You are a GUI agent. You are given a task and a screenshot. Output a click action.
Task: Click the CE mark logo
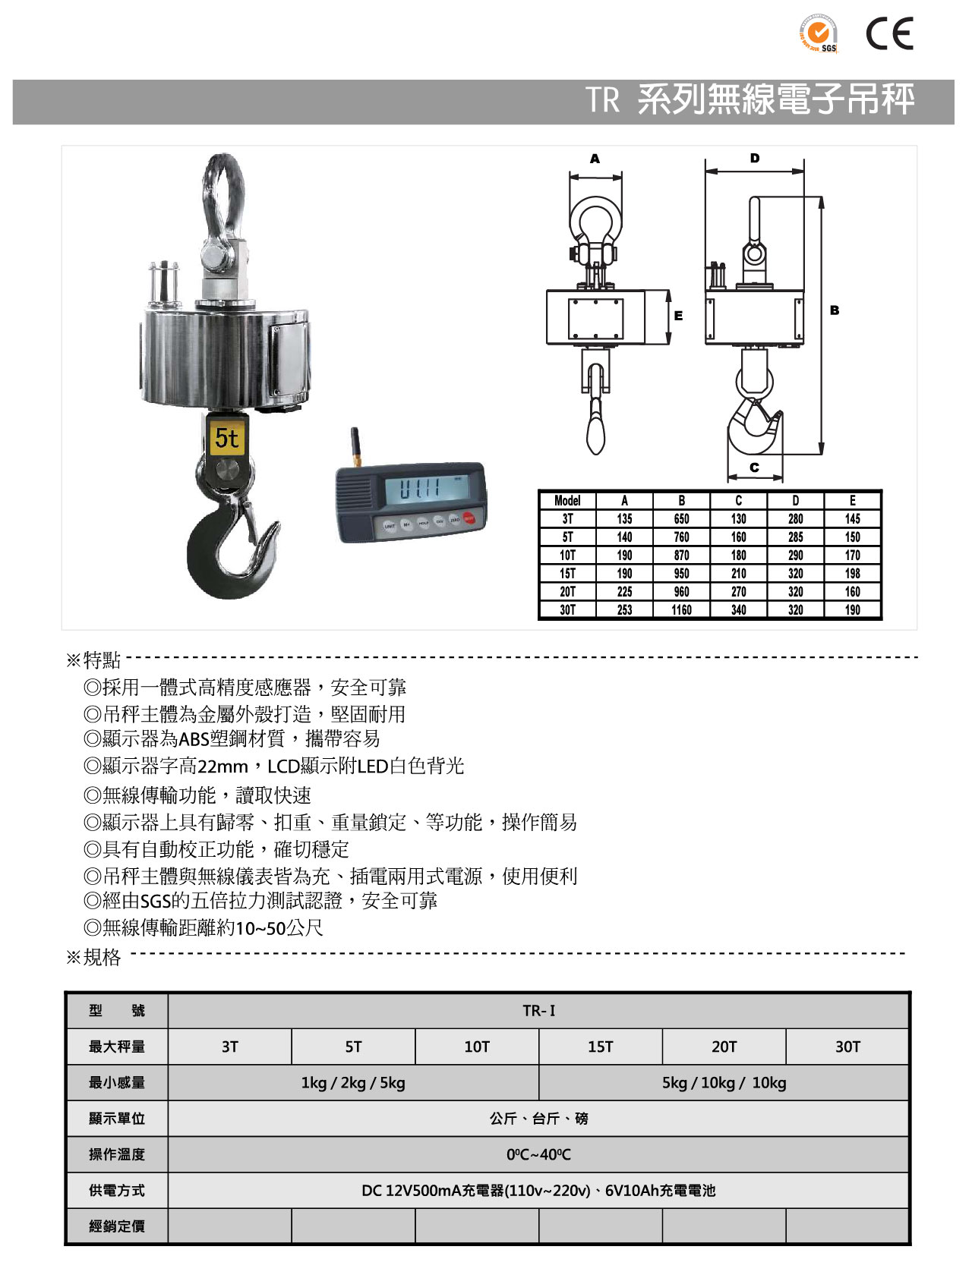[889, 34]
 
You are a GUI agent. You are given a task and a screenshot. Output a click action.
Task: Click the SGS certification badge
[818, 34]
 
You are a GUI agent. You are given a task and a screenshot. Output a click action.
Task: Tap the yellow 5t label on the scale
[226, 438]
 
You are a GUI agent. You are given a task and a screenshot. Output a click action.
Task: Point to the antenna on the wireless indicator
[355, 449]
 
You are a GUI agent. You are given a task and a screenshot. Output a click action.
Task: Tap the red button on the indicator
[469, 519]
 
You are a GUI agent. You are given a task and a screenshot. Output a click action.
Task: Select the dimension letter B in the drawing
[835, 310]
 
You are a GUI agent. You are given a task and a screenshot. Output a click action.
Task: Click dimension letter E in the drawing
[678, 316]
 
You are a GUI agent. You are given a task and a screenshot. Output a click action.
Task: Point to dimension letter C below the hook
[754, 467]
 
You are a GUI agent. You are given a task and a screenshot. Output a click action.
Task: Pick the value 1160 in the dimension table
[681, 609]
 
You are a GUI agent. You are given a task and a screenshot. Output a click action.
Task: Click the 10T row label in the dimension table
[567, 555]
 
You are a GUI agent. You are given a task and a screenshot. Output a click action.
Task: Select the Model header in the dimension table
[567, 500]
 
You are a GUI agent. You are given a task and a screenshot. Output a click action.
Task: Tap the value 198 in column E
[852, 573]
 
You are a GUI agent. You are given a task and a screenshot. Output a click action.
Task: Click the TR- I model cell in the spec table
[538, 1011]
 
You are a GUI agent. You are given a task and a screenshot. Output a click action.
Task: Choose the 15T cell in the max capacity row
[600, 1047]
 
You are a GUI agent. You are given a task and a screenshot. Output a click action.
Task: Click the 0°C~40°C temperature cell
[538, 1154]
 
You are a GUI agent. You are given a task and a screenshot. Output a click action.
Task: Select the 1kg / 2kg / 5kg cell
[353, 1083]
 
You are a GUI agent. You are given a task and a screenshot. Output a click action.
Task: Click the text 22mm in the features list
[222, 766]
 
